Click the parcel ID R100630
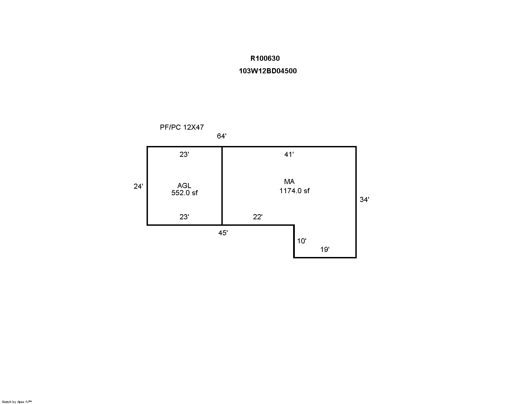(x=265, y=58)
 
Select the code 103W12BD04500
(x=268, y=71)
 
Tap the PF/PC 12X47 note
(x=182, y=127)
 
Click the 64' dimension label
(x=221, y=136)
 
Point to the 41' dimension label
(x=289, y=154)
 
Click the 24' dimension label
(x=138, y=186)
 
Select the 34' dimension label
(x=365, y=200)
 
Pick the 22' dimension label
(x=258, y=217)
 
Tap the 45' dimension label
(x=223, y=233)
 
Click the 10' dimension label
(x=302, y=241)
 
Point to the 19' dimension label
(x=325, y=250)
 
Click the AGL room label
(x=184, y=186)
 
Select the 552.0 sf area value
(x=185, y=193)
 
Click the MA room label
(x=289, y=181)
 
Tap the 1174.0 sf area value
(x=294, y=191)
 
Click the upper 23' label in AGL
(x=184, y=154)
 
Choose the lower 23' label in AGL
(x=184, y=217)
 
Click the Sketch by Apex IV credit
(x=17, y=402)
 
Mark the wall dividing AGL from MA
(x=222, y=186)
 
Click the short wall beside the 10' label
(x=294, y=241)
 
